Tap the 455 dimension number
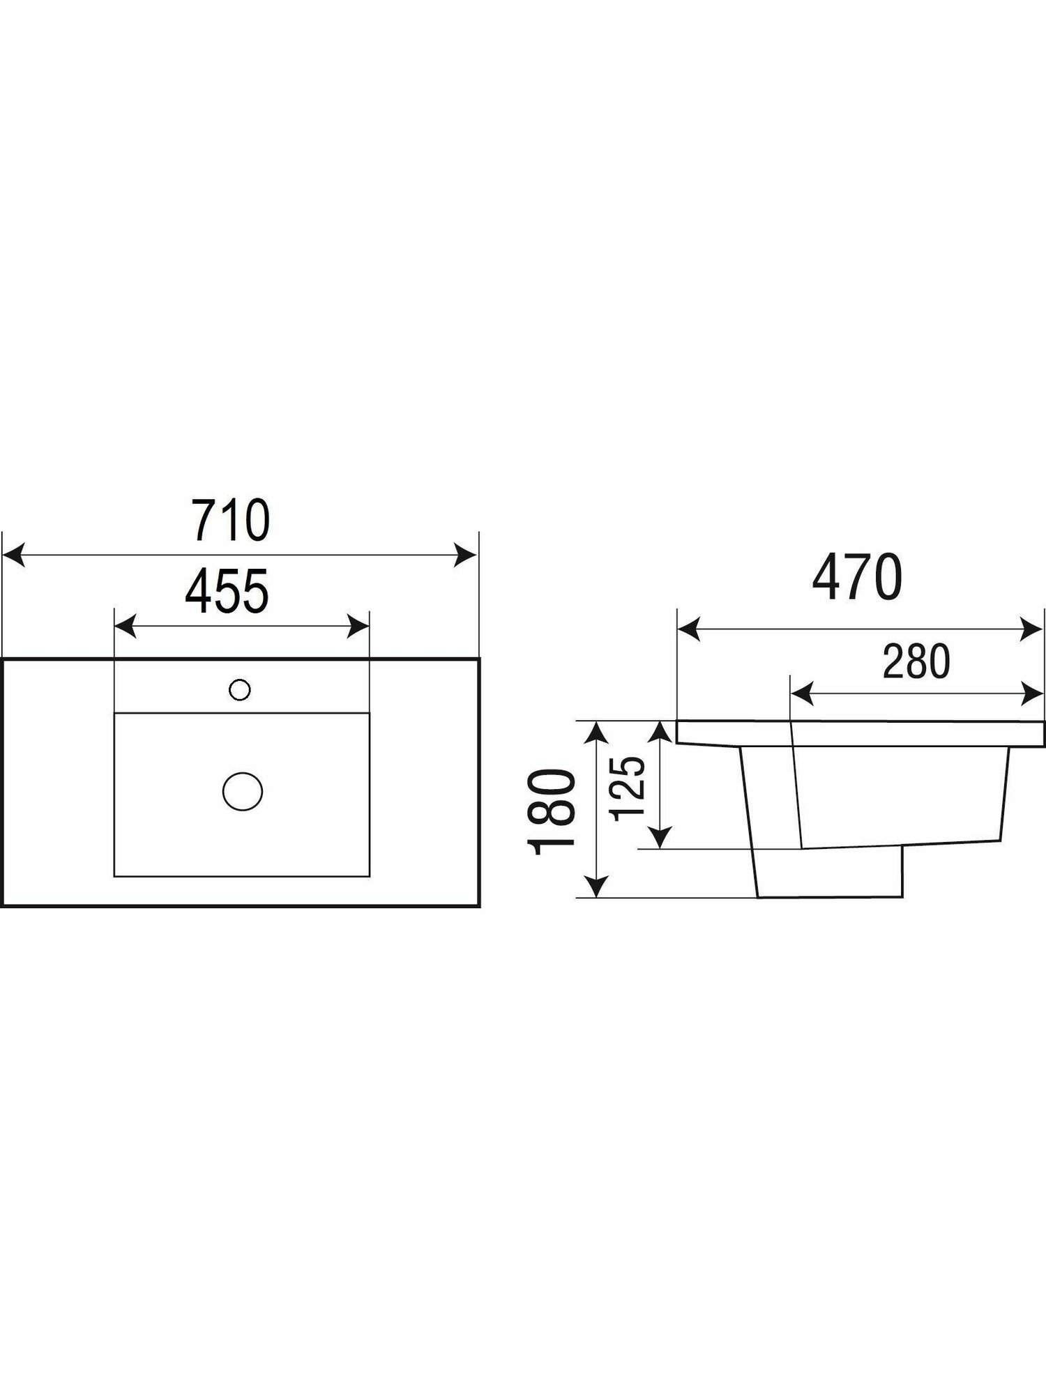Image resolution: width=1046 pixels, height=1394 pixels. point(227,592)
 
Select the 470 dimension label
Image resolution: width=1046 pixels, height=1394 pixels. point(858,579)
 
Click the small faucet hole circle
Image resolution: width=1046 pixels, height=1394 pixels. point(240,690)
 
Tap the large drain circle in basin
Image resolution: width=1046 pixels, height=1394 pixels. point(242,791)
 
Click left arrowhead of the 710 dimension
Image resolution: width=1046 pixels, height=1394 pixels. point(14,556)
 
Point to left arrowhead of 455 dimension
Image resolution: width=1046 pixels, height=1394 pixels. point(124,627)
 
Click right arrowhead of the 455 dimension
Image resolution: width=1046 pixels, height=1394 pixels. point(358,627)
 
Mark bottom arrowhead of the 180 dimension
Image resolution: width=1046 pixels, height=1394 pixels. point(595,887)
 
